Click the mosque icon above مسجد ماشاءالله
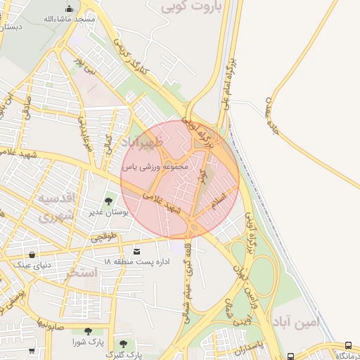[69, 9]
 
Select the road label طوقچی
[103, 238]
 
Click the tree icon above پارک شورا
[87, 331]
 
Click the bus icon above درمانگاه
[349, 345]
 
